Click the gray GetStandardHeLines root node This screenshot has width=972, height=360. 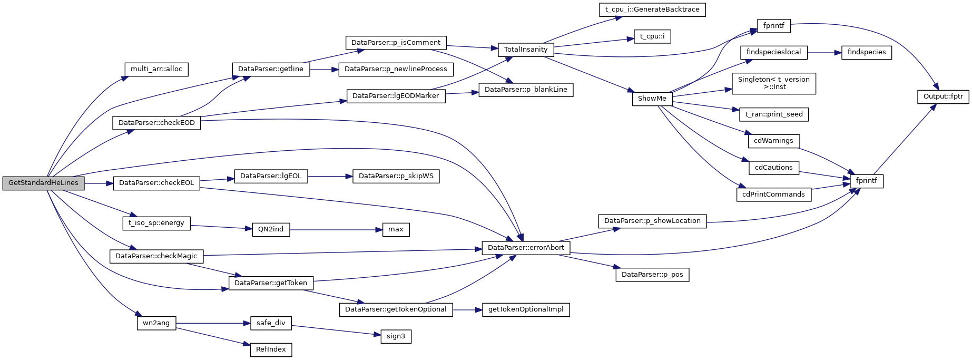pyautogui.click(x=43, y=183)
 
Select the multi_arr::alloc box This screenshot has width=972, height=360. pyautogui.click(x=156, y=69)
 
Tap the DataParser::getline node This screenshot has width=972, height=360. pyautogui.click(x=271, y=69)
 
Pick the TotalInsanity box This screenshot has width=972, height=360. pyautogui.click(x=526, y=50)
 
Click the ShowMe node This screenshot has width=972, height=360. pyautogui.click(x=652, y=99)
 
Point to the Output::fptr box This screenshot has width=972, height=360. pyautogui.click(x=943, y=96)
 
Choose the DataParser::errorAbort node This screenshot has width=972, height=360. pyautogui.click(x=526, y=248)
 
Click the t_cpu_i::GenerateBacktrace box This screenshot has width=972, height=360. pyautogui.click(x=652, y=9)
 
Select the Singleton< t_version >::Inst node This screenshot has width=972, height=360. pyautogui.click(x=773, y=83)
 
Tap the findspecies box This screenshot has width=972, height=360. pyautogui.click(x=867, y=52)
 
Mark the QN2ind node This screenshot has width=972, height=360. pyautogui.click(x=271, y=229)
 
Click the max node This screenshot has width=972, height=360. pyautogui.click(x=396, y=229)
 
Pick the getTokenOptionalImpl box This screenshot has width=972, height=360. pyautogui.click(x=526, y=309)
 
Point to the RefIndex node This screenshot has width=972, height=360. pyautogui.click(x=271, y=349)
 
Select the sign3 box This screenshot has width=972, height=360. pyautogui.click(x=396, y=336)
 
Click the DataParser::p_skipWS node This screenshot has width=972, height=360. pyautogui.click(x=396, y=176)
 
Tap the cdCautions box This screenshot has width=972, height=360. pyautogui.click(x=773, y=168)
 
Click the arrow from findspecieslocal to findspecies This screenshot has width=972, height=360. pyautogui.click(x=824, y=52)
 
